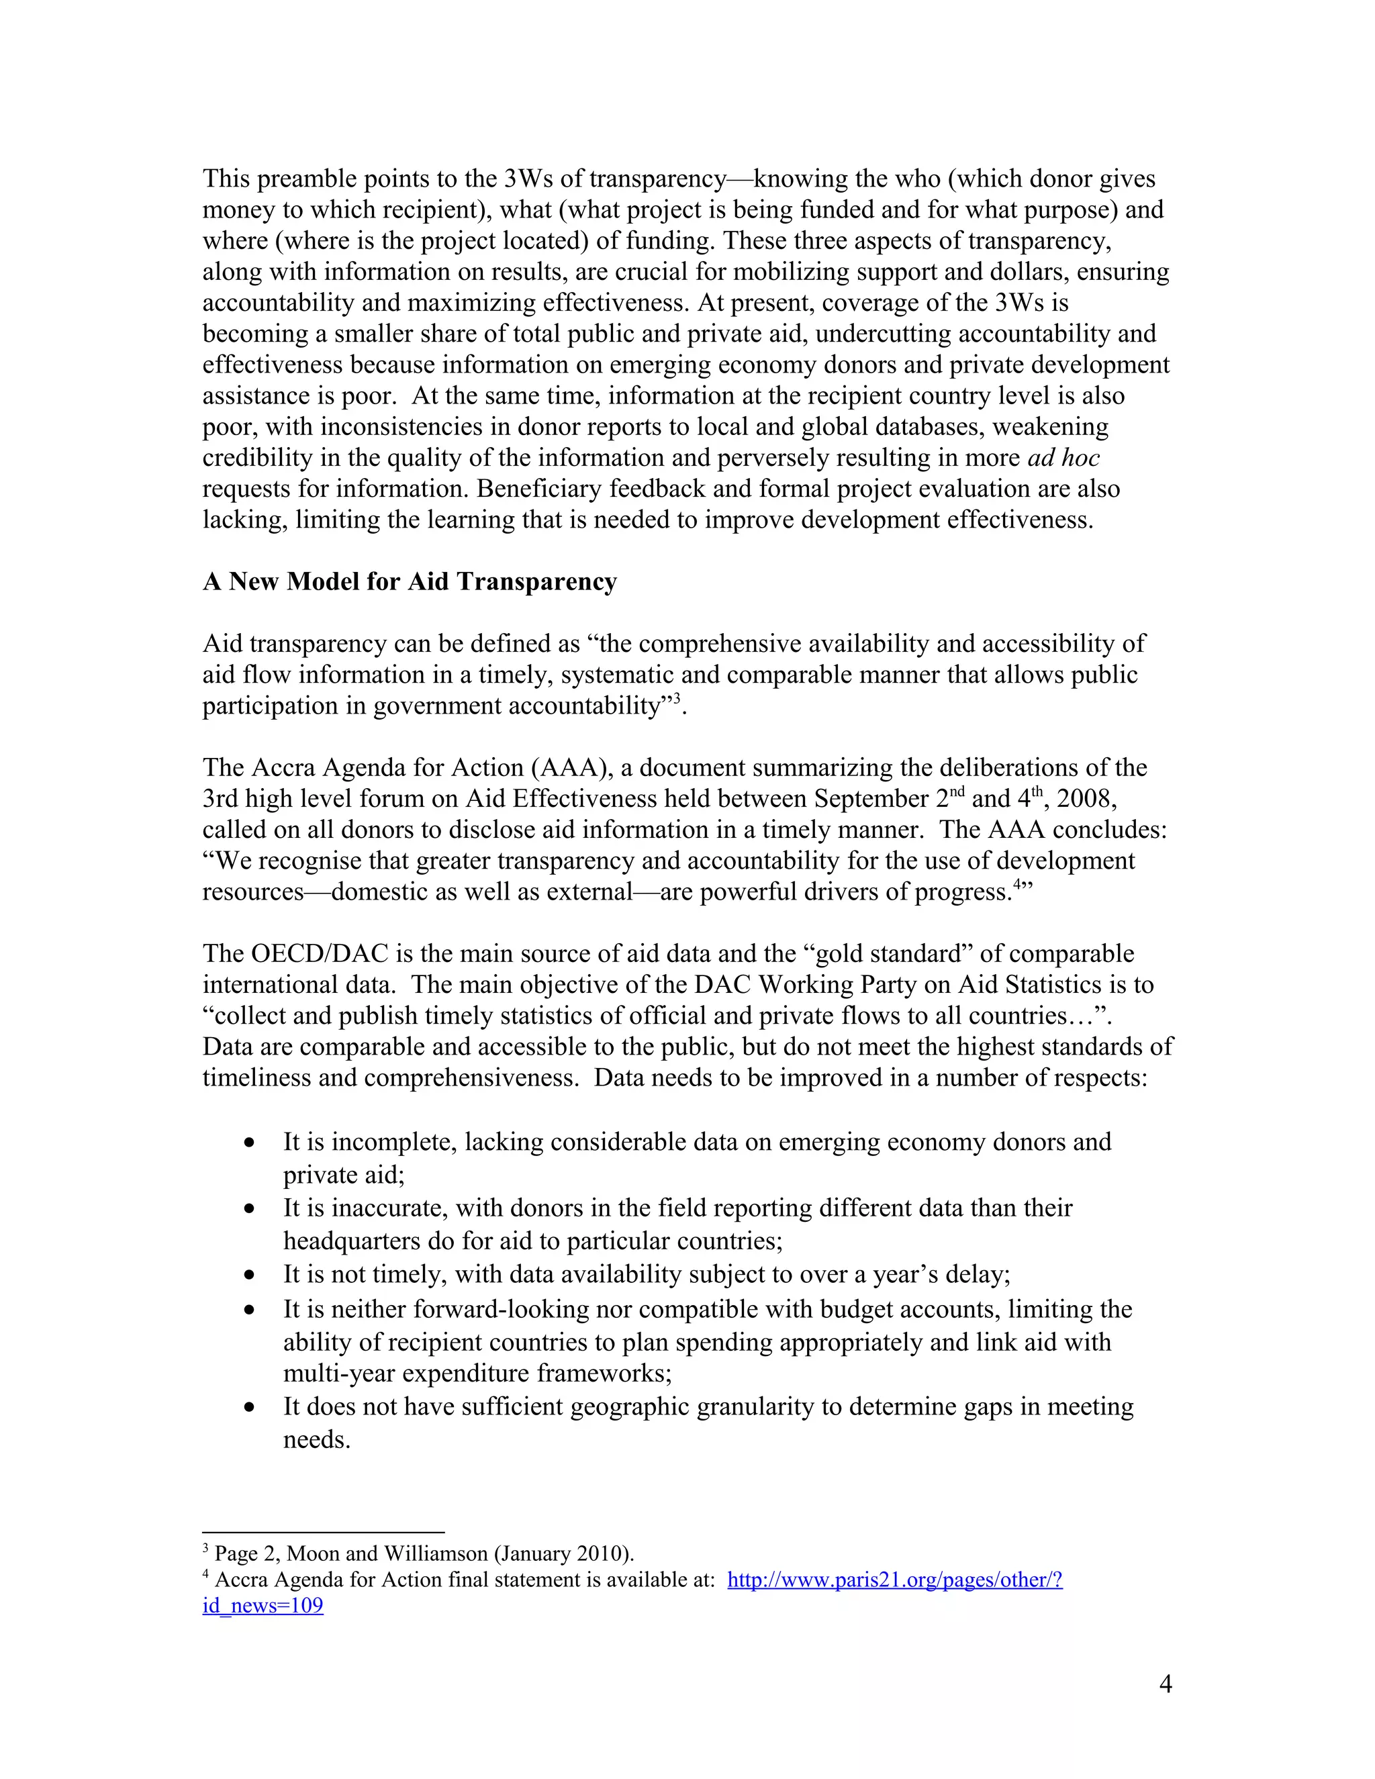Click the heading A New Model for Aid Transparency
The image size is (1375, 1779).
coord(410,581)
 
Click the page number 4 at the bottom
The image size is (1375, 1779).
coord(1165,1684)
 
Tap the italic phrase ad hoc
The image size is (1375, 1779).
coord(1063,458)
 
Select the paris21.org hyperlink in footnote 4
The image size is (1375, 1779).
coord(894,1580)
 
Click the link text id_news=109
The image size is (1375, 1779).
coord(263,1606)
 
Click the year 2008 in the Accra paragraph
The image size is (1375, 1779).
coord(1086,798)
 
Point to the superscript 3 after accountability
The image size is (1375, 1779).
coord(676,698)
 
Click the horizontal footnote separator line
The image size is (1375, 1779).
coord(324,1532)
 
